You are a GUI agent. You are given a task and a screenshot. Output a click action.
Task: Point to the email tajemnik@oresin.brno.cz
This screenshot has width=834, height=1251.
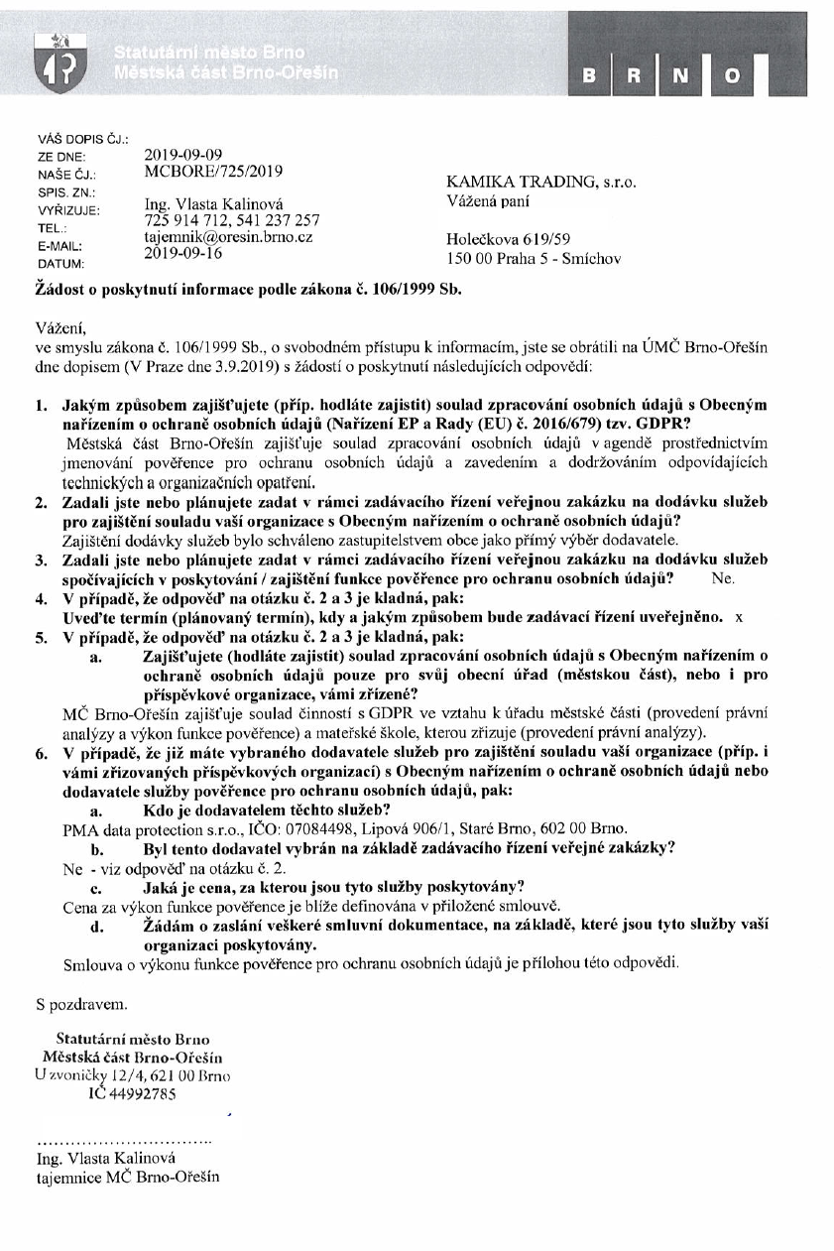229,238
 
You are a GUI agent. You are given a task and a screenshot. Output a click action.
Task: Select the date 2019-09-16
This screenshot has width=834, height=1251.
183,253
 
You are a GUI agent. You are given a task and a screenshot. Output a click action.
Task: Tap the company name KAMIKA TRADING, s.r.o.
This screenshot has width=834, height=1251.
542,184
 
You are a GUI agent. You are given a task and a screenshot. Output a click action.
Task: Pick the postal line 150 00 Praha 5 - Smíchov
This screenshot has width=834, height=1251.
534,260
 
